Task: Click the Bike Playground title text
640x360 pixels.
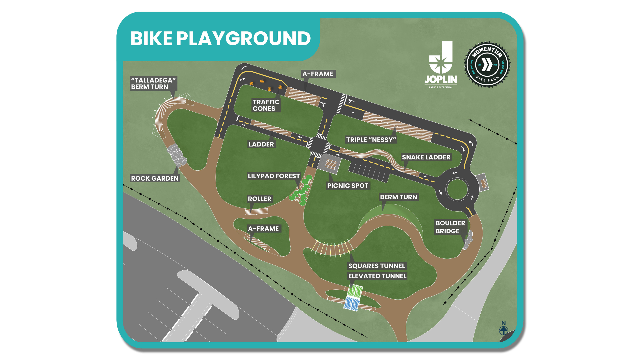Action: click(x=220, y=38)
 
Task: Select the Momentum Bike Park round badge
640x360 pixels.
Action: click(x=487, y=65)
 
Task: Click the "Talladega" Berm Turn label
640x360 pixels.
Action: click(x=153, y=83)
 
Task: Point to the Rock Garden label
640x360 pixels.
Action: click(x=155, y=178)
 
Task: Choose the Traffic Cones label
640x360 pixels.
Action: click(x=266, y=105)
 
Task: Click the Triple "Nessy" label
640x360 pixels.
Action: click(x=371, y=140)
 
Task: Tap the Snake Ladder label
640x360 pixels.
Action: click(x=426, y=157)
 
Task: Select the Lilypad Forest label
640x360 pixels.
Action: click(x=274, y=176)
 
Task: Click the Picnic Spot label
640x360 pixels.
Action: click(x=348, y=186)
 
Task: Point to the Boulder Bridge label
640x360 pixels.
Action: click(x=450, y=227)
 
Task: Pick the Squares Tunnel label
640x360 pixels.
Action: click(x=377, y=266)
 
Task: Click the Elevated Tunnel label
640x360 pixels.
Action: click(x=377, y=276)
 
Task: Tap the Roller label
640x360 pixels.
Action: click(x=259, y=199)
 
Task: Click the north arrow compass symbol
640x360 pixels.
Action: click(x=503, y=330)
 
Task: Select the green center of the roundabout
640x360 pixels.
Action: click(x=457, y=189)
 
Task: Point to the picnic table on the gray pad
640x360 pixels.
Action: click(x=331, y=164)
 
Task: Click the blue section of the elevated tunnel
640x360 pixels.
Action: click(x=352, y=303)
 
